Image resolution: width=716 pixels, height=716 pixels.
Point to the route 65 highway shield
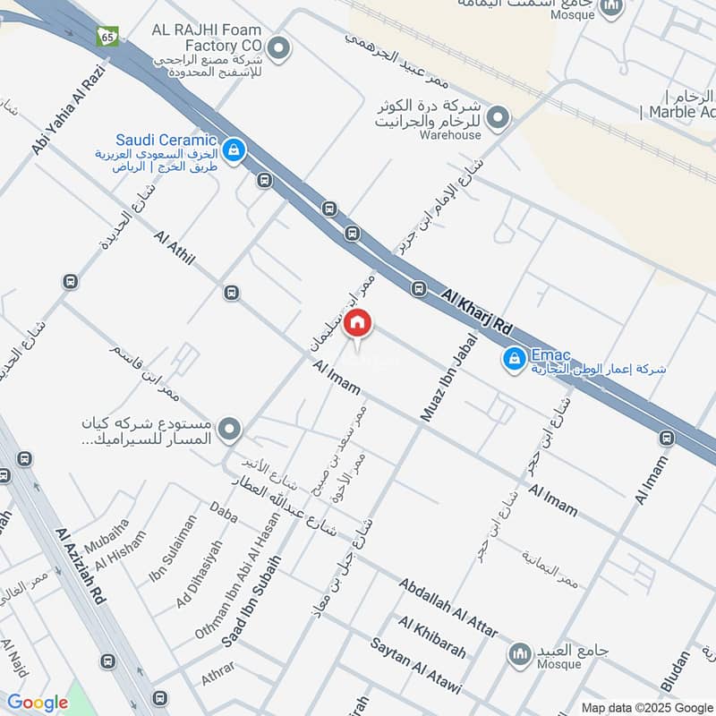[x=107, y=37]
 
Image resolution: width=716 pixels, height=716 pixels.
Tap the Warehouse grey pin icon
[x=499, y=116]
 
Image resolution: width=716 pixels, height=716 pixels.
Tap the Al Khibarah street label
[x=432, y=637]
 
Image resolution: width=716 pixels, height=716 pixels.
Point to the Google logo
[x=38, y=703]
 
